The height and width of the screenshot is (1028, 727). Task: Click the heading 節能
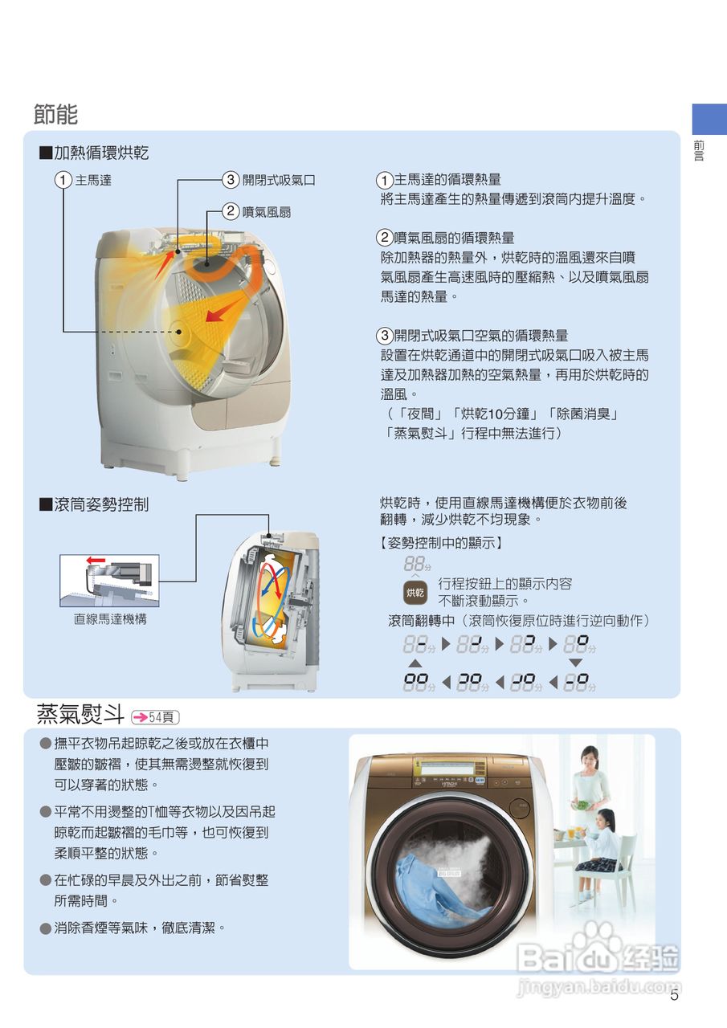pos(55,114)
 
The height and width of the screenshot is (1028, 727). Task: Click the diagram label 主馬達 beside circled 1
pos(93,180)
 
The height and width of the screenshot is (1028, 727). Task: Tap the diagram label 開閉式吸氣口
pos(279,180)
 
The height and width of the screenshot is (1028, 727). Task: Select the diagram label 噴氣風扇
pos(267,212)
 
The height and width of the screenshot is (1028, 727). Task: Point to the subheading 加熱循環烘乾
pos(101,153)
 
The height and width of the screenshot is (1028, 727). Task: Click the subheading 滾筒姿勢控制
pos(101,504)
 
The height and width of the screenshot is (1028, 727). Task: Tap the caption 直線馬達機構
pos(110,619)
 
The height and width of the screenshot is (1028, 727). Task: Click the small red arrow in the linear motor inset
pos(96,561)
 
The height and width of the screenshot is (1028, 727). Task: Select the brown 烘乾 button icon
pos(415,593)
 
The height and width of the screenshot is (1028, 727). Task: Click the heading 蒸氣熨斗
pos(80,714)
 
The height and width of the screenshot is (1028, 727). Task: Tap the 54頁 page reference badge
pos(155,717)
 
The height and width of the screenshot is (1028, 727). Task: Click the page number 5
pos(674,995)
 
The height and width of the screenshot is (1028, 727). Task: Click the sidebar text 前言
pos(699,151)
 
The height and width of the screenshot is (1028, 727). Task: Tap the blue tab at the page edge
pos(709,120)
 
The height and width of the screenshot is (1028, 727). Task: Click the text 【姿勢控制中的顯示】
pos(441,543)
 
